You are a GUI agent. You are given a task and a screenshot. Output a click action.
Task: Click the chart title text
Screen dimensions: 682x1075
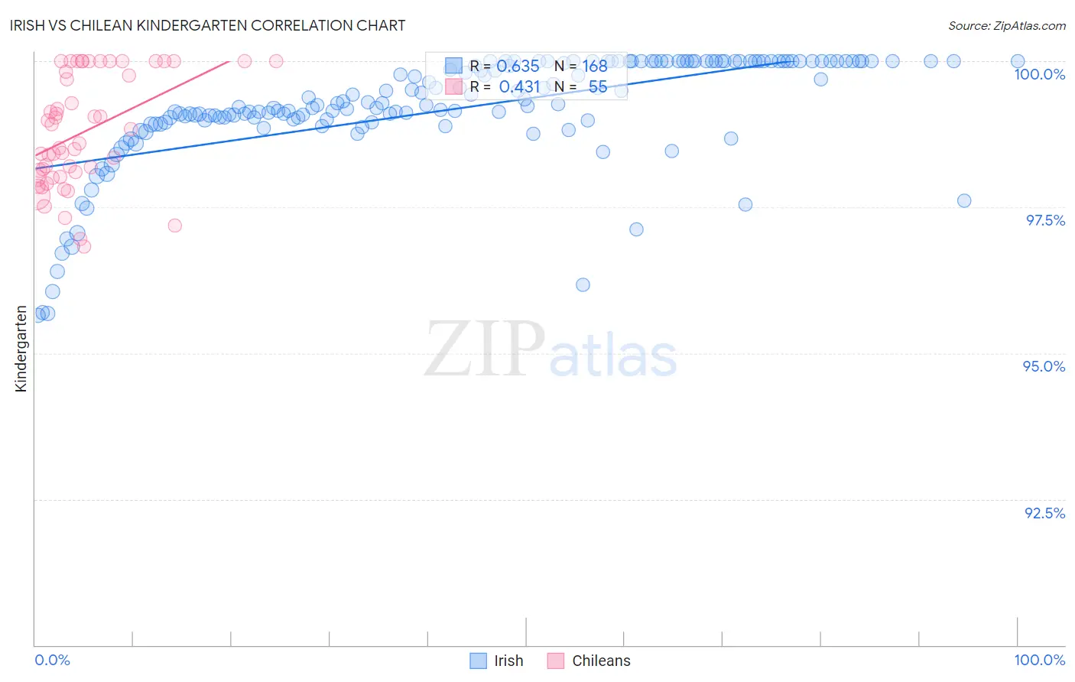209,25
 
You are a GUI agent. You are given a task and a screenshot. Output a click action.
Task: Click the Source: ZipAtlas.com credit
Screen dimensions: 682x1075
1006,25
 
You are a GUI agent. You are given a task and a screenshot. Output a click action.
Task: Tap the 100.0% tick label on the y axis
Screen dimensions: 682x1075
1039,74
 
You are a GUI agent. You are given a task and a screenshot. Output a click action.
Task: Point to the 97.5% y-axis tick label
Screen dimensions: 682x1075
1045,220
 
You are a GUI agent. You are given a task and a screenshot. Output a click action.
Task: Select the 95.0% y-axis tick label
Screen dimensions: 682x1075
1044,366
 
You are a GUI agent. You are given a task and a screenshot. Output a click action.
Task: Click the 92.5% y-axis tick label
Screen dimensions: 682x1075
1044,513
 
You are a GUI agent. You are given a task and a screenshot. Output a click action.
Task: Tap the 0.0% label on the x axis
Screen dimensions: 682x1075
52,660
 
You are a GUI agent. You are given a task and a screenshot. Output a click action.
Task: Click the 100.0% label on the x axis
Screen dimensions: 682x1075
1039,660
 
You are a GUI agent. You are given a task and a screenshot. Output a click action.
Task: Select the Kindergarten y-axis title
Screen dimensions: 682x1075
21,349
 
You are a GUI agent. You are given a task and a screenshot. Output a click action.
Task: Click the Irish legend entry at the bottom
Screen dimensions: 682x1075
508,661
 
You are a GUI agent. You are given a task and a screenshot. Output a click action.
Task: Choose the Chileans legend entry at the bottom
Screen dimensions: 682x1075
601,661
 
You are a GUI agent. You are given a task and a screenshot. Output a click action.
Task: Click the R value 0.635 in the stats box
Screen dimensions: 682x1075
518,67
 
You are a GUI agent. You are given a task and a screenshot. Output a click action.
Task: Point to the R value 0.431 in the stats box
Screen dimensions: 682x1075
519,87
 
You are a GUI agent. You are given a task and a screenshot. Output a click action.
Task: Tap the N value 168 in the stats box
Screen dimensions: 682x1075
594,67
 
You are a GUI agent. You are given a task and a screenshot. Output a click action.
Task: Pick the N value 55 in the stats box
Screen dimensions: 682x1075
597,87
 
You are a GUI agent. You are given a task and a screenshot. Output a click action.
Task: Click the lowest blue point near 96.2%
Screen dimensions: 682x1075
583,285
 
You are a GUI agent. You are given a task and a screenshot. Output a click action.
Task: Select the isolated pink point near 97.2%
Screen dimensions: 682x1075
174,226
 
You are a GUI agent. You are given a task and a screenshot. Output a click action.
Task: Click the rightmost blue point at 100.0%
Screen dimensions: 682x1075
1018,61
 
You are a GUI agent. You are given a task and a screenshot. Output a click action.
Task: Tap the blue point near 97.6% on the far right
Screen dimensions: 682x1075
964,201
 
